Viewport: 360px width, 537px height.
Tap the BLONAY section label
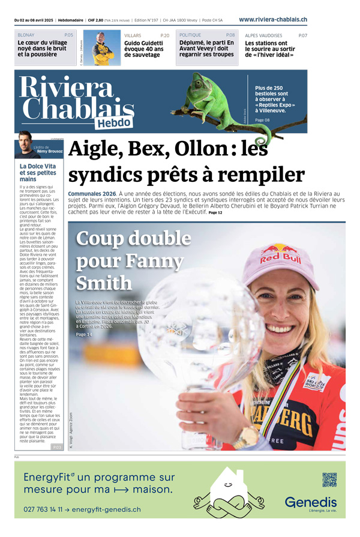point(26,35)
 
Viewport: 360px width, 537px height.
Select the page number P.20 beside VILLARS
point(164,35)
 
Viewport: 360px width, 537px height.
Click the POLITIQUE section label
point(190,35)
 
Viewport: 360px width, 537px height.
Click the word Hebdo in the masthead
point(113,122)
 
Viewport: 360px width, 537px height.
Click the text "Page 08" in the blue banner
point(263,120)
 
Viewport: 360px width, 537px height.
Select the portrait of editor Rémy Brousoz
point(24,143)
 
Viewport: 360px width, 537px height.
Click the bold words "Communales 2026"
point(92,193)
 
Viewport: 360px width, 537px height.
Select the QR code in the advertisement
point(330,479)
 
